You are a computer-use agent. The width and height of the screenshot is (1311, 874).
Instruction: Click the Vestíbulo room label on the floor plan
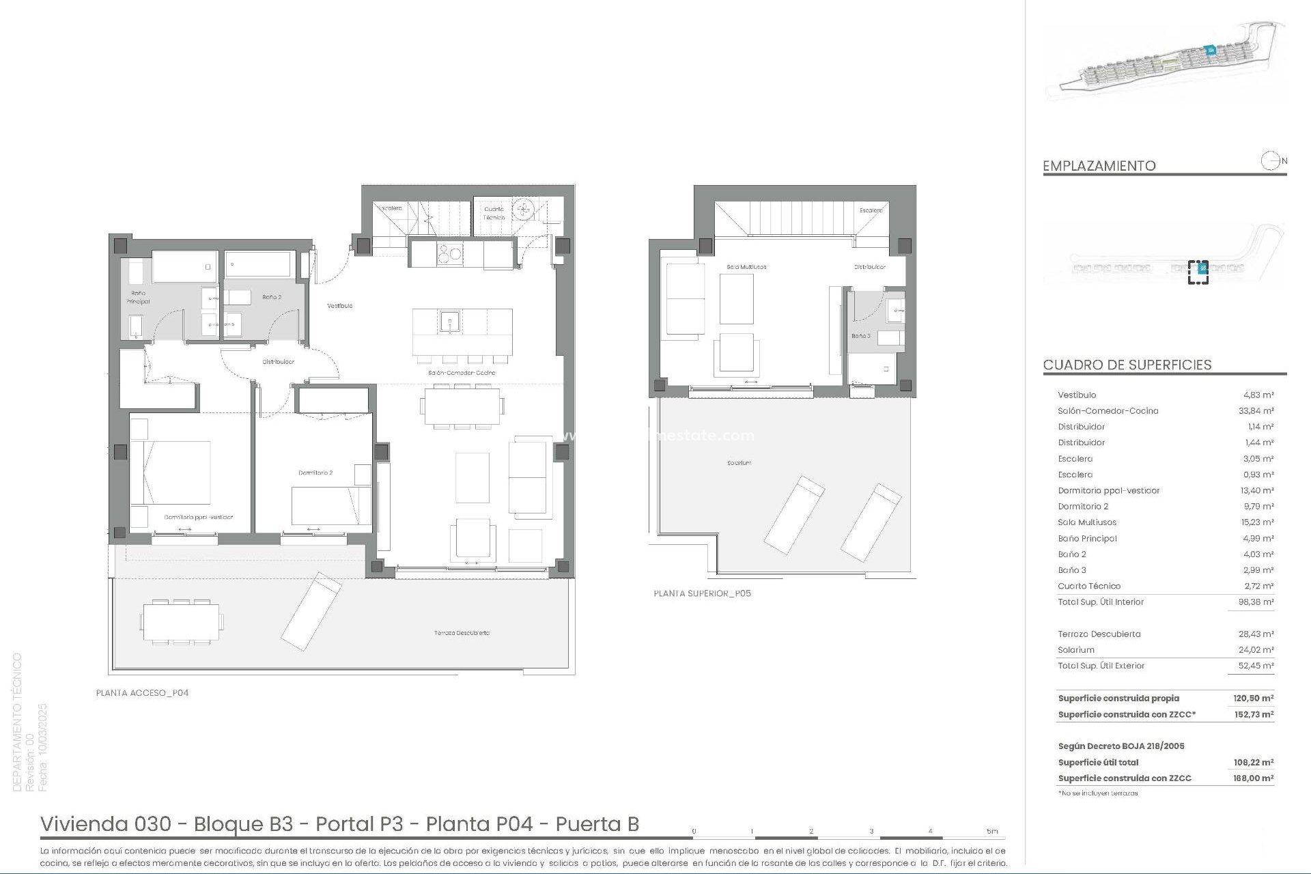339,306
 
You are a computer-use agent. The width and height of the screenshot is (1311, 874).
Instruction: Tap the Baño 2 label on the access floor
272,297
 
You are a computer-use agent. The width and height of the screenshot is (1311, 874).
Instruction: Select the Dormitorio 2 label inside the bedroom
315,473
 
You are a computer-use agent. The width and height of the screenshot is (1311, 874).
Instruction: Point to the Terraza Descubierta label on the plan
462,633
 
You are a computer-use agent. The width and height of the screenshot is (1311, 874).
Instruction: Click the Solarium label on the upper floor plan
739,463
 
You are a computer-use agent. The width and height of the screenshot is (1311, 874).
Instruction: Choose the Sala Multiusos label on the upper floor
746,267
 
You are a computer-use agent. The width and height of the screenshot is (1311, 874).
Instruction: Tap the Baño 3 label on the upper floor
860,336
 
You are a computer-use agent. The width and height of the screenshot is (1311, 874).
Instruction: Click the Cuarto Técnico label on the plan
494,213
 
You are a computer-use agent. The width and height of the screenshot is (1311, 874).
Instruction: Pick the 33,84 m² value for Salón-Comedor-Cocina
1258,411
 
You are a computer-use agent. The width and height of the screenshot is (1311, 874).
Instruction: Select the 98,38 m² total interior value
1258,602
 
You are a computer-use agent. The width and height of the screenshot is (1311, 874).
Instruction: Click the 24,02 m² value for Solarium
1258,650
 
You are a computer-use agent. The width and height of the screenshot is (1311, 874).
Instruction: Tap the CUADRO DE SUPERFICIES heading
1127,365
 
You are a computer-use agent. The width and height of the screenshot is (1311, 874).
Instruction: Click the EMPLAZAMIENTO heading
1099,166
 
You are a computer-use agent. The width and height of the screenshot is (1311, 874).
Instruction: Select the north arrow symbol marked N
1271,162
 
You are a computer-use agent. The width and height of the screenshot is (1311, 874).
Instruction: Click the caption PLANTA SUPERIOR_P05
702,593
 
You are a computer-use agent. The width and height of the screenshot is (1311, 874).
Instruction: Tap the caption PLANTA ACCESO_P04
142,692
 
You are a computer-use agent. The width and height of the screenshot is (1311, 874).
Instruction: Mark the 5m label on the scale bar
991,831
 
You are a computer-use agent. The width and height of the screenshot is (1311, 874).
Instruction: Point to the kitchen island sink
449,320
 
